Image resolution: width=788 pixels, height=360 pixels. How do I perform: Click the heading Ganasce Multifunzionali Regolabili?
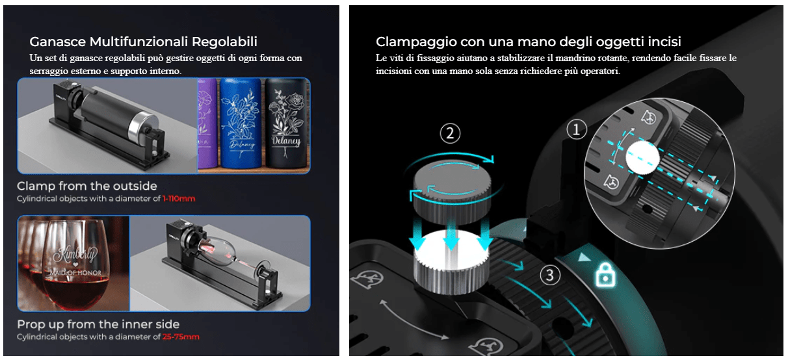[143, 42]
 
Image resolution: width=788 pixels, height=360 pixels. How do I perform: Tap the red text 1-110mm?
[179, 199]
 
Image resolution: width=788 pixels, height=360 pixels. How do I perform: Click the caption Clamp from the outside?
[87, 186]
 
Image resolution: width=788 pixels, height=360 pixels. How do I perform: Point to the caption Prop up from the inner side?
[98, 324]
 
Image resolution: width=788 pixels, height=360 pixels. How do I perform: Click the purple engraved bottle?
[207, 123]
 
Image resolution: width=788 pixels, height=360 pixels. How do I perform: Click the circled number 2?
[450, 134]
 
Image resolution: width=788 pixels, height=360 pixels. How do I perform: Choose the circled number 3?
[549, 276]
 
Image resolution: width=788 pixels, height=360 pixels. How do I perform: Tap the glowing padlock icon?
[605, 276]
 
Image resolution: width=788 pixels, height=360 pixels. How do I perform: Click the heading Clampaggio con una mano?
[528, 42]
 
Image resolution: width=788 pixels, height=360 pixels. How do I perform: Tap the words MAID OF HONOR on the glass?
[72, 273]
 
